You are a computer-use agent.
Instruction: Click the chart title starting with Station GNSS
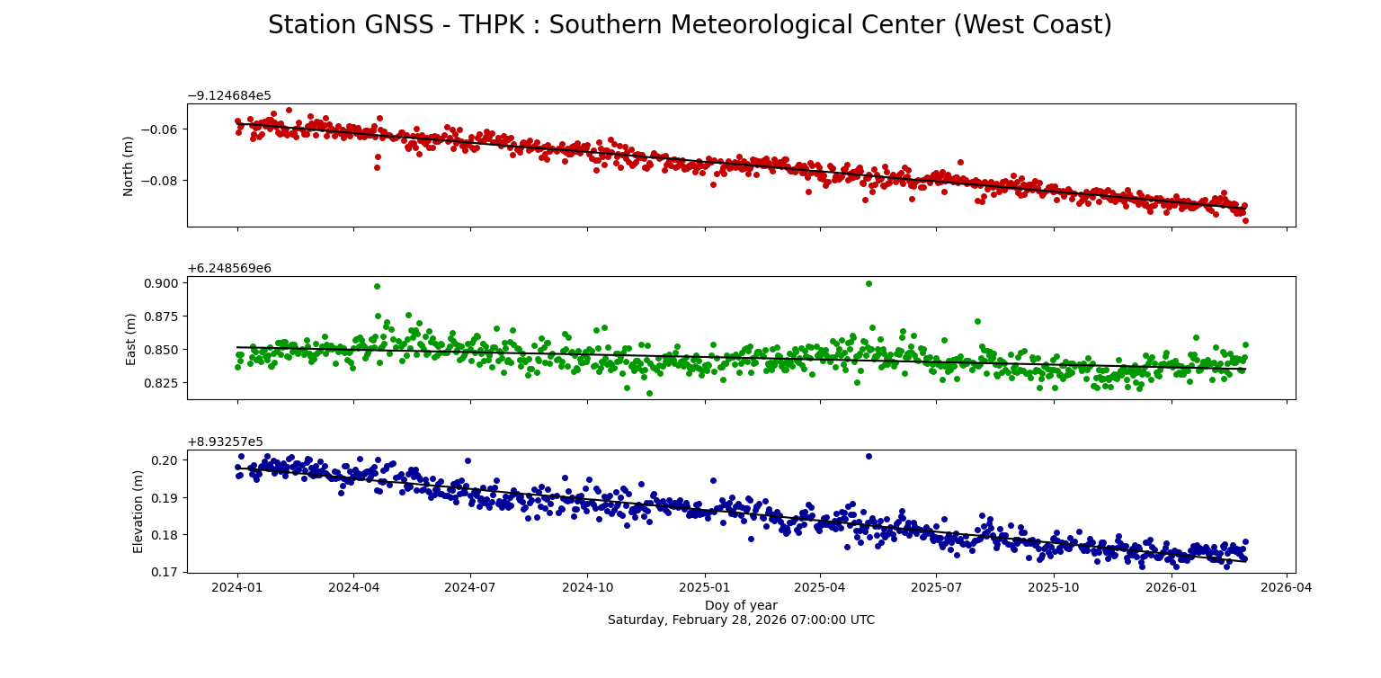click(690, 25)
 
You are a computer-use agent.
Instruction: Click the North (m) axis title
click(129, 165)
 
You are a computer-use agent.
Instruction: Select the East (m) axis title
click(131, 338)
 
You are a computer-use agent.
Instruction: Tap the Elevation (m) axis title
click(138, 511)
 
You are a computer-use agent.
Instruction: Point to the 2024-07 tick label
click(470, 587)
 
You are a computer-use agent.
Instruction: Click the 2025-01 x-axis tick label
click(704, 587)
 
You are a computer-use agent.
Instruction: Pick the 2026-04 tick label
click(1287, 587)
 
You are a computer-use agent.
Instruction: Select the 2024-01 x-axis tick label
click(237, 587)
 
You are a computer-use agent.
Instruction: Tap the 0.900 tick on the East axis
click(162, 283)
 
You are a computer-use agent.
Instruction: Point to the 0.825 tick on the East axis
click(162, 383)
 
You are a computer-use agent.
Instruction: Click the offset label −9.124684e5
click(228, 96)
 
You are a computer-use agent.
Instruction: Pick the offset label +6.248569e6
click(228, 269)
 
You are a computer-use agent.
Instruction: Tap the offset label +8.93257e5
click(225, 442)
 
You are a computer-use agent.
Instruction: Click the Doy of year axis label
click(741, 605)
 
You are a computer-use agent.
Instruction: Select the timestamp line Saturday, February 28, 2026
click(741, 620)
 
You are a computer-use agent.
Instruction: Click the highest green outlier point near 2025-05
click(869, 283)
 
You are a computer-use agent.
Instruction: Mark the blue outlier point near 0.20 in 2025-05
click(869, 456)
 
